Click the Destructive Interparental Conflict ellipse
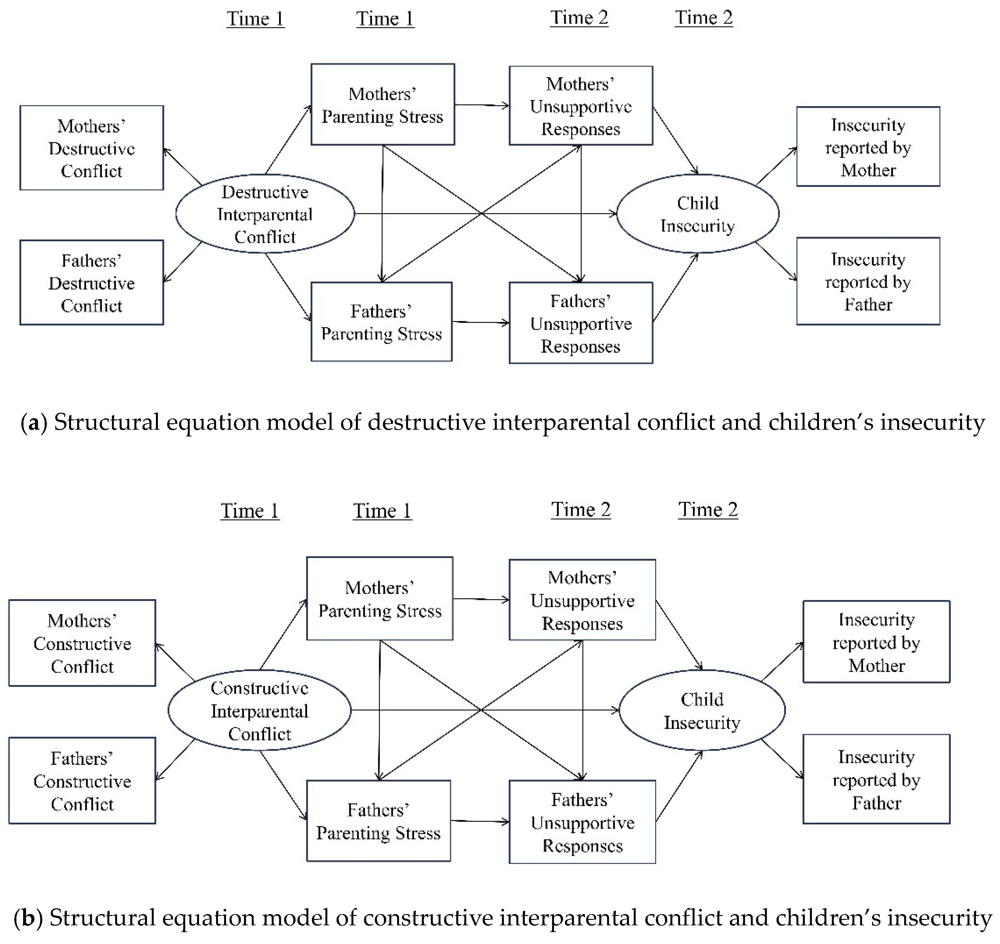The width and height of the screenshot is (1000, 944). click(x=265, y=214)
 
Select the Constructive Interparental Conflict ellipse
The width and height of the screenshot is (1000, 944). click(x=259, y=710)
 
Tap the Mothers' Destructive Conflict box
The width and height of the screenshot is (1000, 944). click(x=92, y=148)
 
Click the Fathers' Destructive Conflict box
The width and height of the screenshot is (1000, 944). click(x=92, y=282)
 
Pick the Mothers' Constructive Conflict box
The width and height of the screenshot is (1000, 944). click(x=82, y=643)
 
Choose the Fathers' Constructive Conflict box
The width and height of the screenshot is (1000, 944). click(x=82, y=781)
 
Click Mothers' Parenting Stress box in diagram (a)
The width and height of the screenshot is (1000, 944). click(x=382, y=105)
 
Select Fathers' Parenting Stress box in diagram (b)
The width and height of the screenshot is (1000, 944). click(x=378, y=821)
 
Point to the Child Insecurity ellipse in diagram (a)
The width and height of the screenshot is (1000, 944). click(x=698, y=214)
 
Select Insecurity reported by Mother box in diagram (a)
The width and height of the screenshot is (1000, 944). click(x=868, y=147)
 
